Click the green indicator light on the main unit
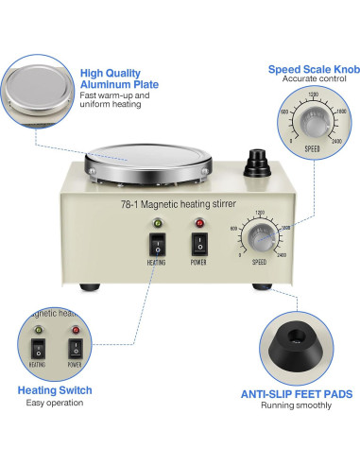point(156,223)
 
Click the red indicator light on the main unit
point(200,223)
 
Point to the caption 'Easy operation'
point(48,404)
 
